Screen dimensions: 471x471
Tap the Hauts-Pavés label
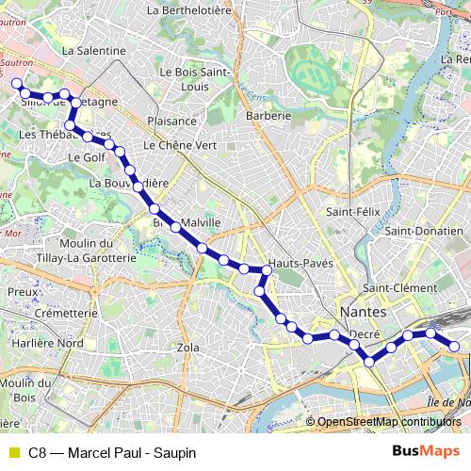(300, 264)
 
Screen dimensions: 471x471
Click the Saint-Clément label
(400, 287)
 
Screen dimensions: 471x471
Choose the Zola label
(188, 347)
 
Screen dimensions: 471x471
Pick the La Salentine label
(93, 50)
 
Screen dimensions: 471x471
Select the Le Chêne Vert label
(180, 146)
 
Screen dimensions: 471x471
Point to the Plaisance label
(171, 121)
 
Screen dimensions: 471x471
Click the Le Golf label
(86, 158)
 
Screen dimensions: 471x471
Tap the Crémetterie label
(66, 313)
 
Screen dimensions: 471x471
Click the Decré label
(364, 333)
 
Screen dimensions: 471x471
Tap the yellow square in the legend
(13, 452)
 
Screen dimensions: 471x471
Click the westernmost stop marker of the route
(16, 84)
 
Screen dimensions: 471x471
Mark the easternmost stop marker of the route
(455, 347)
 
